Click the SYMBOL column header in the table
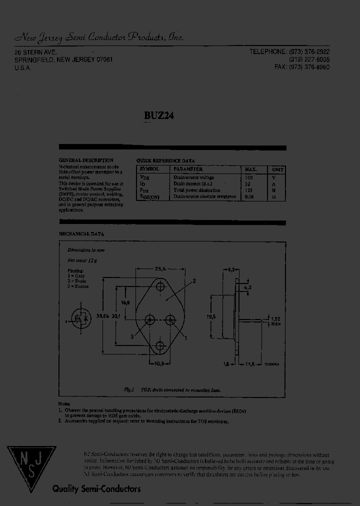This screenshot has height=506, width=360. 149,169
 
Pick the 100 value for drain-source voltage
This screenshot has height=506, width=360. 248,177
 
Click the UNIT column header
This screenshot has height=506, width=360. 276,169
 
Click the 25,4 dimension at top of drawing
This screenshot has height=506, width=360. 160,268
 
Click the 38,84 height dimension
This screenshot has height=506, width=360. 103,316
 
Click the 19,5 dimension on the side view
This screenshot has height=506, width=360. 211,316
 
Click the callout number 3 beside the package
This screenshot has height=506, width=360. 132,336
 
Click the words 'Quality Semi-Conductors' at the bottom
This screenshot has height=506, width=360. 97,489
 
